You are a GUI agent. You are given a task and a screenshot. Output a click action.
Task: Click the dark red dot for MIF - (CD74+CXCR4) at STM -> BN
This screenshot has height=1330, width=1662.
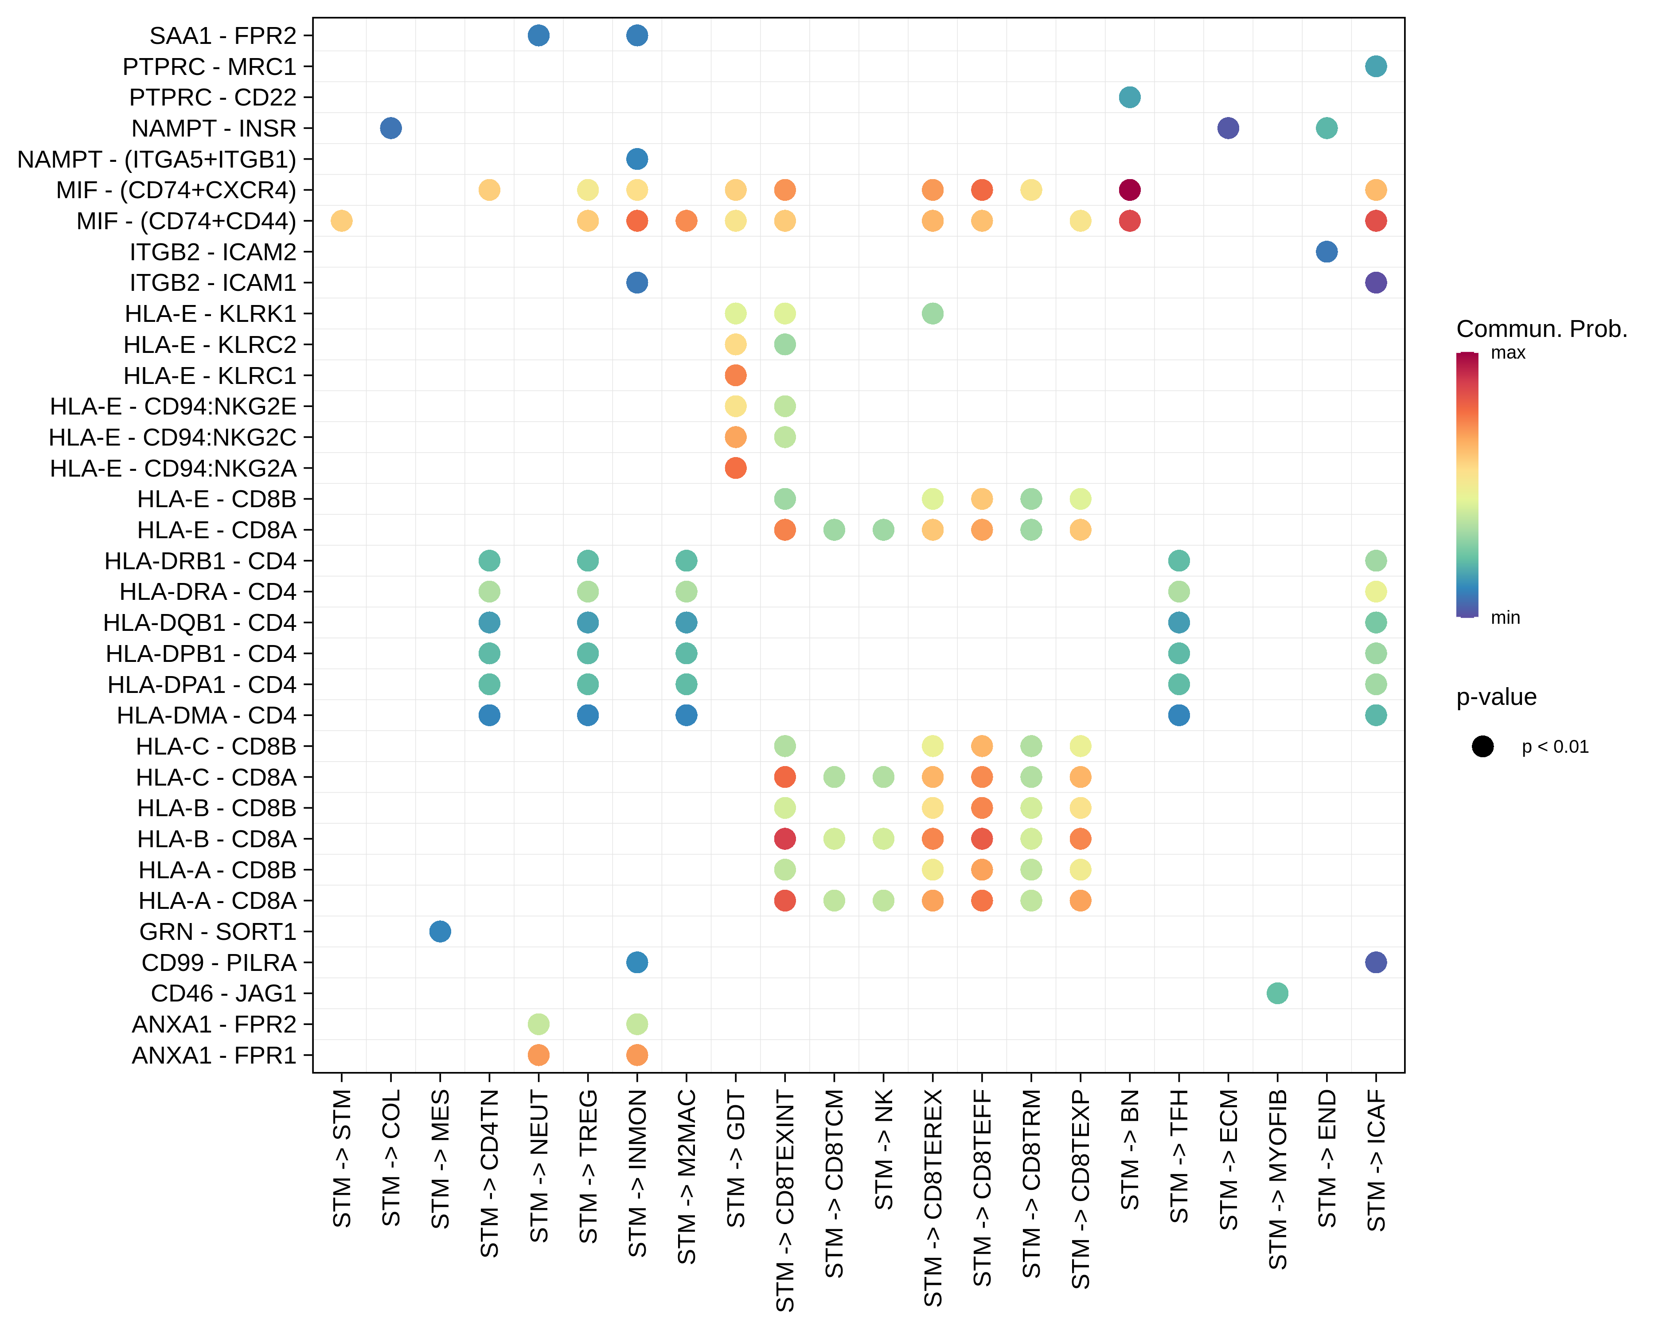pos(1129,190)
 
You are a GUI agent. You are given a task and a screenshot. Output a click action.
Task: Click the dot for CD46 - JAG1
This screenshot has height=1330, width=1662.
pos(1277,993)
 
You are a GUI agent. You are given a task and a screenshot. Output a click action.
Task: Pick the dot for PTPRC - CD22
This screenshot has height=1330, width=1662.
pos(1129,97)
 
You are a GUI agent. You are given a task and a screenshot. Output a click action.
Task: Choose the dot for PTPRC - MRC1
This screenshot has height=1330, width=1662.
pos(1376,66)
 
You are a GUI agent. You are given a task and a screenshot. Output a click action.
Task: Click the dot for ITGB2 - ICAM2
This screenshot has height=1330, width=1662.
pos(1326,251)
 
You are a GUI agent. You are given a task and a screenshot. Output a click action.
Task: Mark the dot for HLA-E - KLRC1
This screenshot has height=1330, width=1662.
pos(735,376)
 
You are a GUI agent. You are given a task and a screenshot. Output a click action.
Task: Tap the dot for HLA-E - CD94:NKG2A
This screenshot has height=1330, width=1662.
pos(735,468)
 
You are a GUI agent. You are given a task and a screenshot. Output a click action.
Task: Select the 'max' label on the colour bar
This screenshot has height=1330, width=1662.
pos(1508,353)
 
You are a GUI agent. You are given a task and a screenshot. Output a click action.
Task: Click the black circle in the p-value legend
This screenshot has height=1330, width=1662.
pos(1483,746)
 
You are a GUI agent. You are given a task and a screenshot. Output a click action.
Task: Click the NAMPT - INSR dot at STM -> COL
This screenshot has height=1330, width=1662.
pos(391,128)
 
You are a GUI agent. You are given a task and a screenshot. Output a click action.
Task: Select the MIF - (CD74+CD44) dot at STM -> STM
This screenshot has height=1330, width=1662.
pos(342,220)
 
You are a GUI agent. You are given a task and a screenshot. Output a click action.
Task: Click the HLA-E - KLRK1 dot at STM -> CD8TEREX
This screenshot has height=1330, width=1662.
pos(933,314)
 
